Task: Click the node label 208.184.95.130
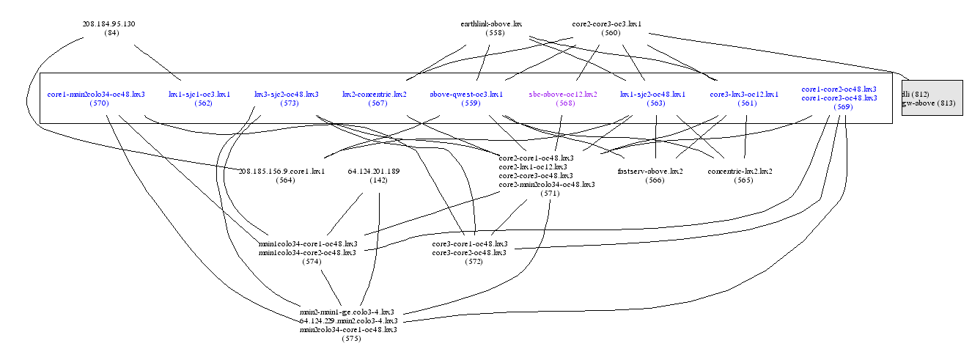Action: (x=108, y=23)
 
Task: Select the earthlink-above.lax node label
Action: (x=490, y=23)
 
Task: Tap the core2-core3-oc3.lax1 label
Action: (x=606, y=23)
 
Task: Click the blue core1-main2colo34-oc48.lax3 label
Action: (x=95, y=94)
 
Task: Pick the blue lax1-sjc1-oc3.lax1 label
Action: (x=199, y=94)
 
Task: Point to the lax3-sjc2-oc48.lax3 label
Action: (x=286, y=94)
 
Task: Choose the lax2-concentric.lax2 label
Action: (x=375, y=94)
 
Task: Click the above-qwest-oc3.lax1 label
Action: (x=465, y=94)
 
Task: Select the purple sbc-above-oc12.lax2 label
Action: (x=562, y=94)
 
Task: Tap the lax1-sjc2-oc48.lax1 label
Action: (x=652, y=94)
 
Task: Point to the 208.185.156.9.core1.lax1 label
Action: (x=281, y=171)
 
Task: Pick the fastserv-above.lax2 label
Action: (x=651, y=171)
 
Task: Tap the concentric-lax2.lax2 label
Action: (x=740, y=171)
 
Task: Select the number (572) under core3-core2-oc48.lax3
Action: (x=474, y=261)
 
